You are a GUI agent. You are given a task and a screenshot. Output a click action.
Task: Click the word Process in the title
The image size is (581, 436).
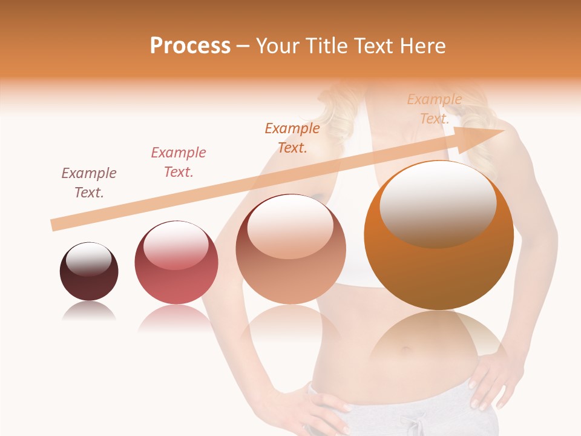[190, 46]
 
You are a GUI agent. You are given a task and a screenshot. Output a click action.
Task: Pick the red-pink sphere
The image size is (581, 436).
[176, 263]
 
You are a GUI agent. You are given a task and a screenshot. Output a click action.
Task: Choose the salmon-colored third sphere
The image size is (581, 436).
[290, 249]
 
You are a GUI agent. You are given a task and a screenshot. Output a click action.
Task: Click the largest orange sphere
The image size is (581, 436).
[439, 236]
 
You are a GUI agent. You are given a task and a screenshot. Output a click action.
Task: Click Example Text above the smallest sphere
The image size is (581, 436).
[89, 183]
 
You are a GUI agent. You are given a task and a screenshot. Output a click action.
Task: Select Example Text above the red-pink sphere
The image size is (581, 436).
[179, 162]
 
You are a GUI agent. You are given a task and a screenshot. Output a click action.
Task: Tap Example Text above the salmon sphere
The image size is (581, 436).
[292, 138]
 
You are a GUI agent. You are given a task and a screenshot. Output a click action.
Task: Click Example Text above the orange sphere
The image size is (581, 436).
[435, 109]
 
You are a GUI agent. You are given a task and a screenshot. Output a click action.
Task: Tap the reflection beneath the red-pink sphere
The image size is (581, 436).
[177, 318]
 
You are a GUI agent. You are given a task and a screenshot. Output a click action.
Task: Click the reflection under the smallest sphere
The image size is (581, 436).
[89, 311]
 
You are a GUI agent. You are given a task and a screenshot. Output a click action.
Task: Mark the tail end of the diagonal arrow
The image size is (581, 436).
[53, 225]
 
